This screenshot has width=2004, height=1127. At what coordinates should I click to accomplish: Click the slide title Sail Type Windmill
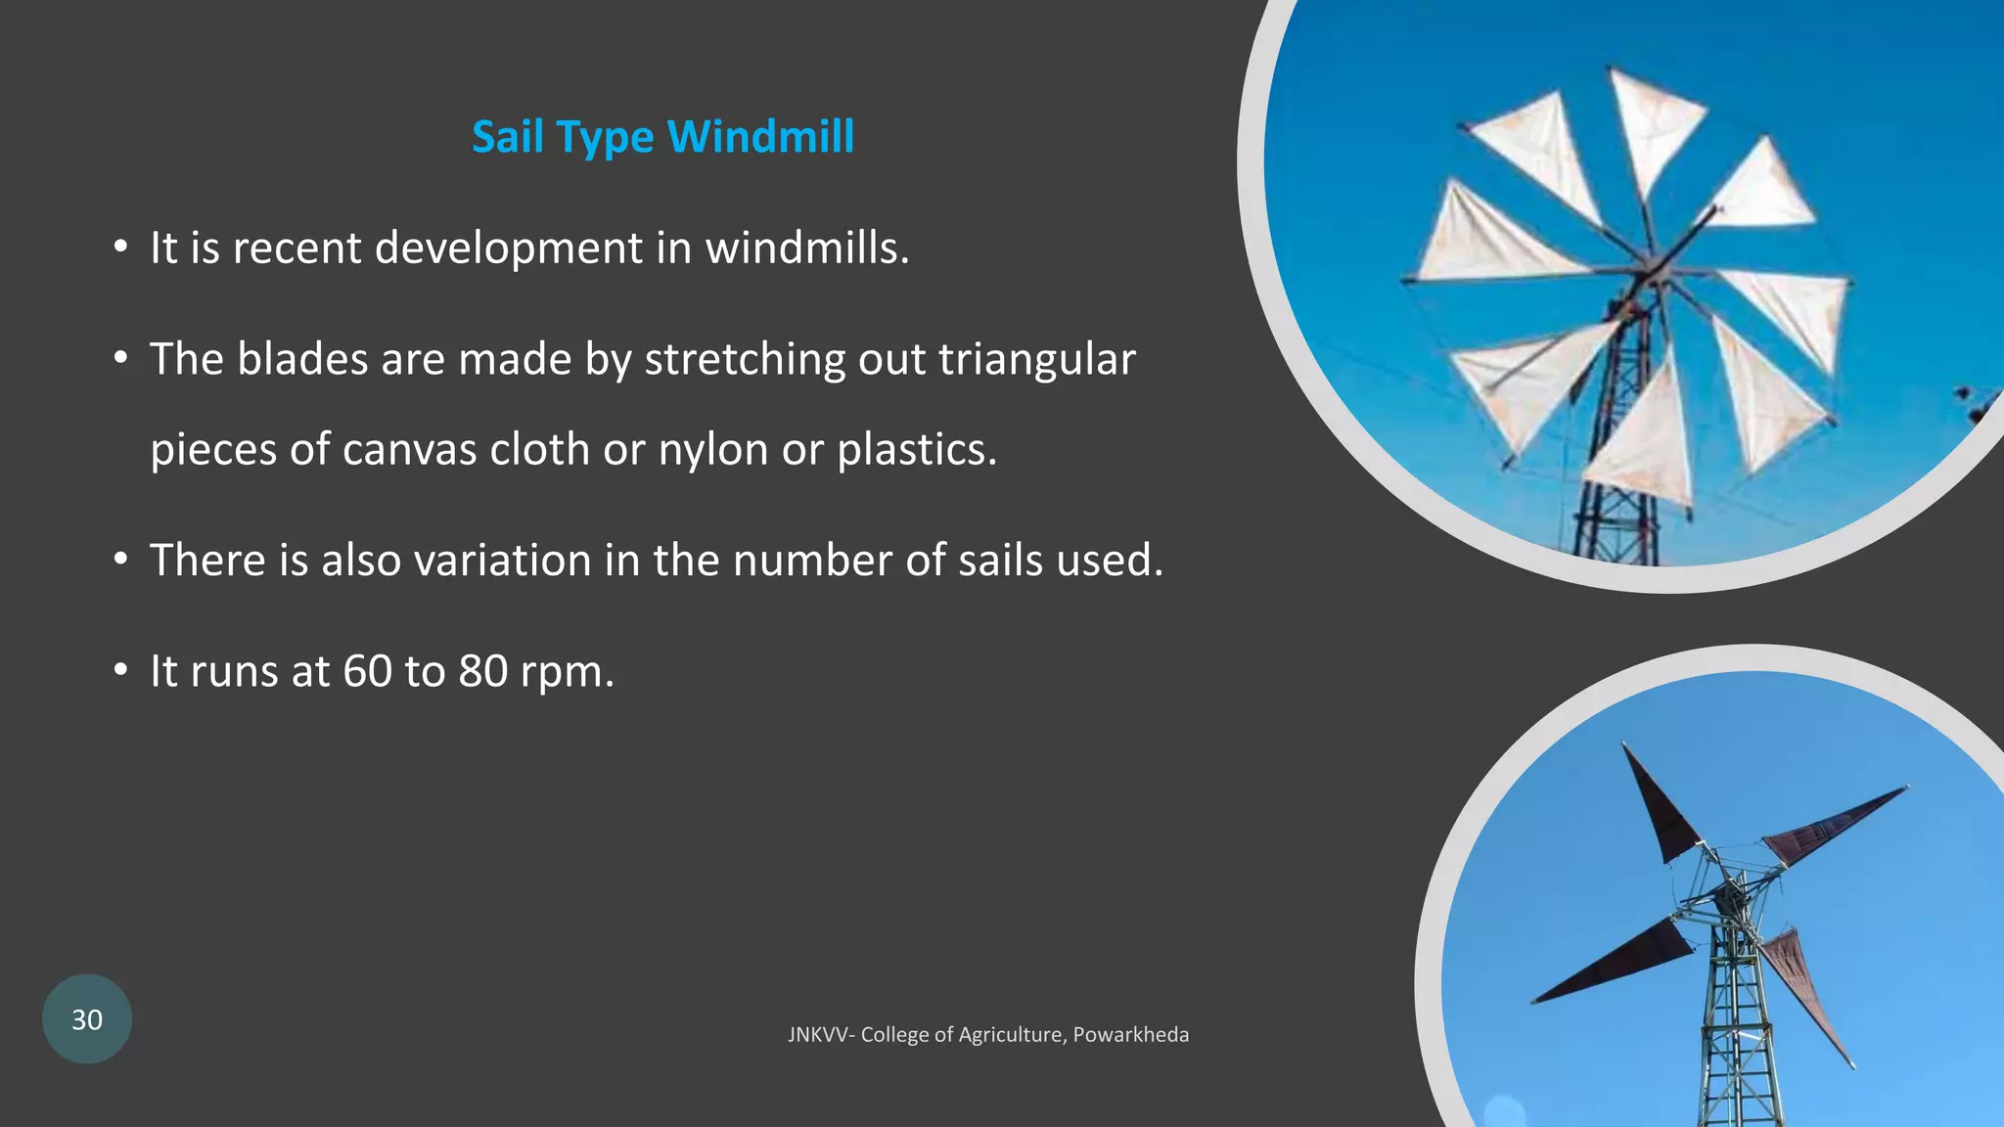click(662, 136)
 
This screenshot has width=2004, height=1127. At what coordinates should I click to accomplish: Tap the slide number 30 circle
click(87, 1019)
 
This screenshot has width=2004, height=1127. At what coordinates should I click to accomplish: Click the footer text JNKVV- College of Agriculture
click(927, 1034)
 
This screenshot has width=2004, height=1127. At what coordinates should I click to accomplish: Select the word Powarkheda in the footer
click(1131, 1034)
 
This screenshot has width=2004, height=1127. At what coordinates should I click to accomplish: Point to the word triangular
click(1036, 359)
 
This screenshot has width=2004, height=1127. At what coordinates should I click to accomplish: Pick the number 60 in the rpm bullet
click(367, 671)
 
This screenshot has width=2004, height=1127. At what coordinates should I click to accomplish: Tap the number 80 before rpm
click(483, 671)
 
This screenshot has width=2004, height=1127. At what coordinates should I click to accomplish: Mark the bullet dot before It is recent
click(120, 248)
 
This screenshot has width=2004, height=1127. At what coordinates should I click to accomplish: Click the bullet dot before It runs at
click(120, 671)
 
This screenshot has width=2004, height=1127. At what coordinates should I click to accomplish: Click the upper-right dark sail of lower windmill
click(1825, 827)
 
